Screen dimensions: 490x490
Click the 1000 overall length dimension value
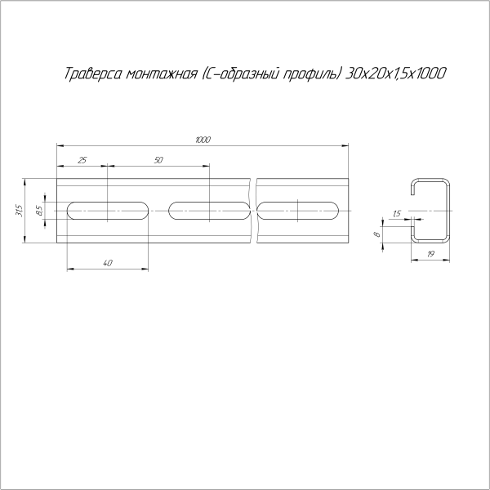[x=203, y=140]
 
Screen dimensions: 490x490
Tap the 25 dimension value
[x=82, y=160]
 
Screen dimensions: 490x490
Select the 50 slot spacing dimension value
[x=158, y=160]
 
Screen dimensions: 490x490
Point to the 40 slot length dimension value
[x=108, y=263]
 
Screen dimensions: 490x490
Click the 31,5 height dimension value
[x=20, y=211]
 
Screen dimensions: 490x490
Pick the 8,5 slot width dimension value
[x=40, y=211]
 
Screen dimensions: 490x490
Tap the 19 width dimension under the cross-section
[x=430, y=254]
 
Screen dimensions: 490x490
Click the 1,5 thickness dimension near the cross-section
[x=397, y=214]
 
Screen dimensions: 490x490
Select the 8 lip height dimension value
[x=377, y=234]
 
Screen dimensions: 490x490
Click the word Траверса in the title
[x=93, y=73]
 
